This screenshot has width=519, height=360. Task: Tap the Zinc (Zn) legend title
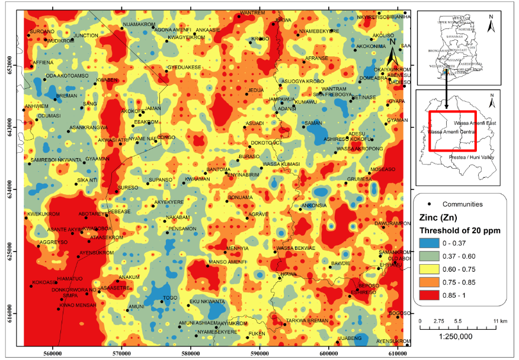click(x=438, y=217)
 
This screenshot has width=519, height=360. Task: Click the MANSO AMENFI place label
click(x=227, y=262)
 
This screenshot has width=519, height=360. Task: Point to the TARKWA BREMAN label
click(x=307, y=320)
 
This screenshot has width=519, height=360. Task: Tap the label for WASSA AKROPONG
click(x=360, y=149)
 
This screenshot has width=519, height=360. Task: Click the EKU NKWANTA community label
click(x=207, y=302)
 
